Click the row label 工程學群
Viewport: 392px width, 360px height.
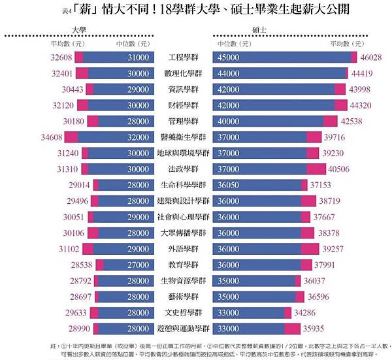click(x=183, y=57)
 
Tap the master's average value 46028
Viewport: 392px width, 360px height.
click(x=374, y=57)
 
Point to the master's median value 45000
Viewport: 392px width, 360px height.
click(x=229, y=57)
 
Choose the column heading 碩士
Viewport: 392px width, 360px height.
click(x=258, y=29)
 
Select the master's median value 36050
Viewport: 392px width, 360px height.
click(x=229, y=185)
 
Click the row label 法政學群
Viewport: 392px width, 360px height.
click(x=183, y=169)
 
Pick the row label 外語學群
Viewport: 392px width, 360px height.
click(x=183, y=248)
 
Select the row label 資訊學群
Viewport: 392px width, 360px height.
click(x=183, y=90)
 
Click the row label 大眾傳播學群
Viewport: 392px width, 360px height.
click(x=183, y=233)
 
